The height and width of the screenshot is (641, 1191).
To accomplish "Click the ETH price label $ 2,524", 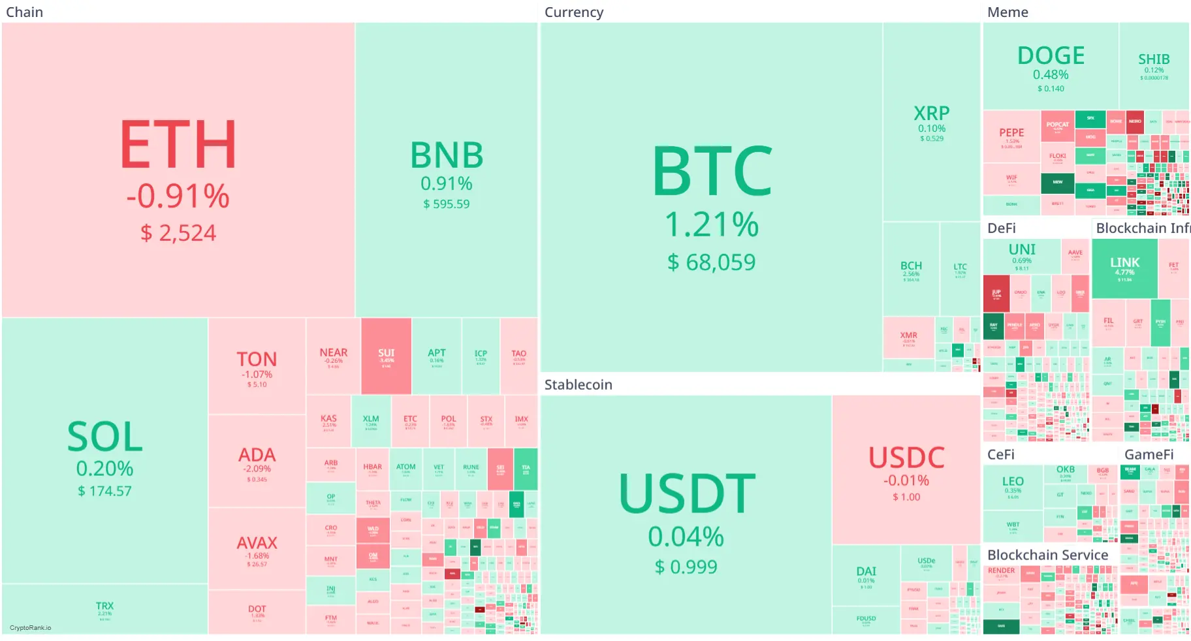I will click(x=178, y=233).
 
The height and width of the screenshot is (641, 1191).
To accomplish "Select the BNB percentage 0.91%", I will click(x=446, y=183).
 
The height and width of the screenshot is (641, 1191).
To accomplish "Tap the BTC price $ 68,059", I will click(x=711, y=262).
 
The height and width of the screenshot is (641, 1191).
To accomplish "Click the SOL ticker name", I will click(x=104, y=437).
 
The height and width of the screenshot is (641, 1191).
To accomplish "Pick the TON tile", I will click(x=257, y=366).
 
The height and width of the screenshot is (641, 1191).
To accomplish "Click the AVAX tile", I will click(x=257, y=549).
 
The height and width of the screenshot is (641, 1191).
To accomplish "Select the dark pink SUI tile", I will click(x=386, y=356).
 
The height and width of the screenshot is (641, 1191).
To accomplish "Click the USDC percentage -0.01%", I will click(x=906, y=480).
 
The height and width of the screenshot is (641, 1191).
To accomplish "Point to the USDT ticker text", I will click(x=687, y=494).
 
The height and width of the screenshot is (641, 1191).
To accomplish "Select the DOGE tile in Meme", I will click(x=1050, y=66).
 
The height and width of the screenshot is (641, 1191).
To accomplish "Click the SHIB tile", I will click(x=1153, y=65).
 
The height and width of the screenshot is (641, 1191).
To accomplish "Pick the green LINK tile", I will click(x=1124, y=268).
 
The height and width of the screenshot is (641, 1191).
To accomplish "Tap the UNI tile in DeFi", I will click(x=1021, y=256).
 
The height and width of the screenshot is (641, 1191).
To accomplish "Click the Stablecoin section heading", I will click(x=578, y=384).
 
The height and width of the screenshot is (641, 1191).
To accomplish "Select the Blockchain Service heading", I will click(x=1047, y=555).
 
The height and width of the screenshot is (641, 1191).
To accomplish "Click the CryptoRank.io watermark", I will click(x=30, y=628).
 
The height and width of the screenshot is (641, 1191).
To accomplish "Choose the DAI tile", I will click(x=865, y=575).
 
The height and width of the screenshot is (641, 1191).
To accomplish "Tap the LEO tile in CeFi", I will click(x=1012, y=486).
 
